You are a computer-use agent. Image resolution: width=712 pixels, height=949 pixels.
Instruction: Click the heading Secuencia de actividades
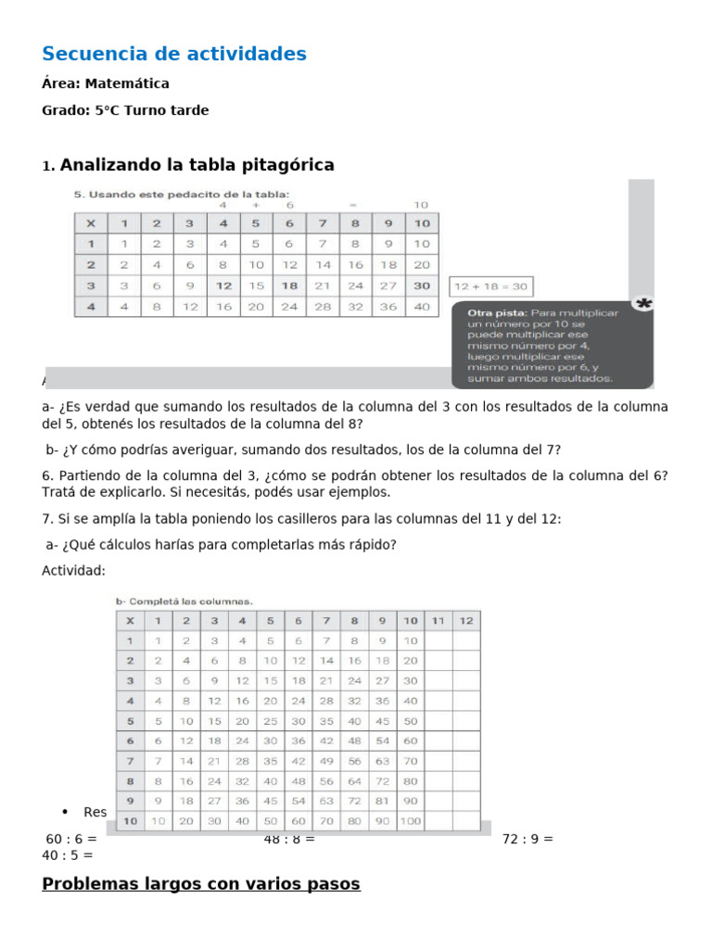point(174,55)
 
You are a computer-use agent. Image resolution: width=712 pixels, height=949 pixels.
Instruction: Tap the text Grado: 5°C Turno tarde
point(125,110)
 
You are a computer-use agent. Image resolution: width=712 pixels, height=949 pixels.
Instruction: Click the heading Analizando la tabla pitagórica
point(197,165)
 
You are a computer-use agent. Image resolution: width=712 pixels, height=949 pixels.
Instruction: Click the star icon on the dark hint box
point(642,303)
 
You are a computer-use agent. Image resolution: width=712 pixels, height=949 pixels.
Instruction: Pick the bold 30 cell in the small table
point(422,286)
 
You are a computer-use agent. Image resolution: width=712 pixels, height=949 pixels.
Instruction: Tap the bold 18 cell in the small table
point(289,286)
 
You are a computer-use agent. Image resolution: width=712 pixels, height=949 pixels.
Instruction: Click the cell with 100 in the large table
point(410,821)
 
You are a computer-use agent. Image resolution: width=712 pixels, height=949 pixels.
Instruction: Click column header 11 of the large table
point(439,620)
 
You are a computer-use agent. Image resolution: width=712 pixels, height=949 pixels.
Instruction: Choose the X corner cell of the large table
point(130,620)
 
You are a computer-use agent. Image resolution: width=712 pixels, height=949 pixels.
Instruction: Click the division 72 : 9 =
point(528,840)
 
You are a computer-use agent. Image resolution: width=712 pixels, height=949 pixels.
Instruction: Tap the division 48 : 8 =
point(289,840)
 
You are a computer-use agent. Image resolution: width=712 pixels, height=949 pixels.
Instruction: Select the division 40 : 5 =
point(68,855)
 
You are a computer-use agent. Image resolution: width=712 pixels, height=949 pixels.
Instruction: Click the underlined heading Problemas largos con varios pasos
point(201,884)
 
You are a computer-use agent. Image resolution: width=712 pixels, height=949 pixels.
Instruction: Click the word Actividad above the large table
point(73,570)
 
